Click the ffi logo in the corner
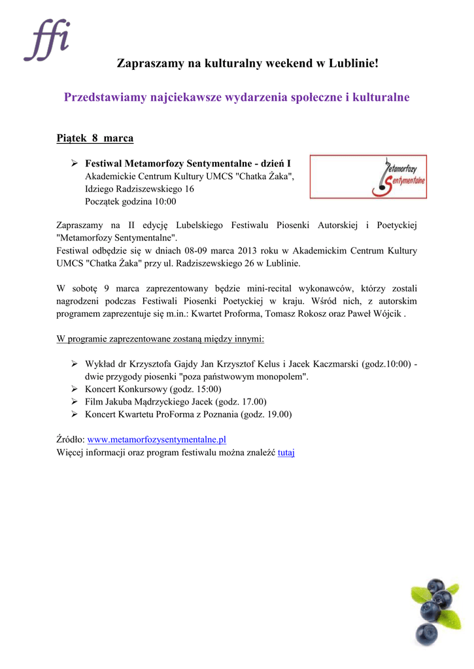click(x=46, y=40)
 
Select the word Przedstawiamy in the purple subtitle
click(x=105, y=97)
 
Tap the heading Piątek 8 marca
click(x=95, y=139)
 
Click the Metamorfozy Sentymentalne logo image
click(x=368, y=176)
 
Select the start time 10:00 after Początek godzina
click(x=165, y=202)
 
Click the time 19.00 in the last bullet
click(x=277, y=414)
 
